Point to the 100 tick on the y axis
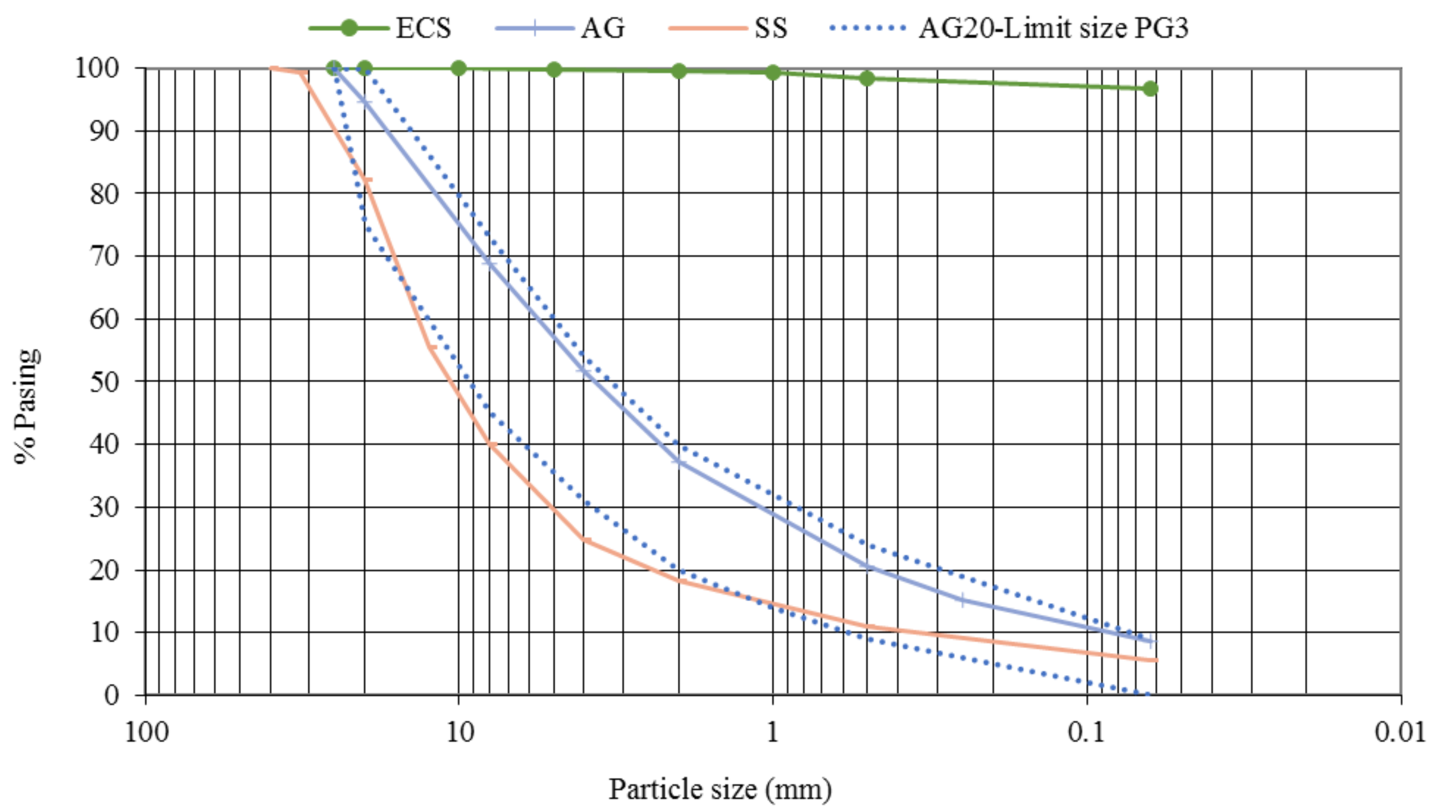click(x=96, y=68)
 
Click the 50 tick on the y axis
click(x=104, y=382)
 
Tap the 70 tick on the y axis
click(x=104, y=257)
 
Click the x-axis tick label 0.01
click(x=1400, y=732)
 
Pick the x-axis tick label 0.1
click(x=1086, y=732)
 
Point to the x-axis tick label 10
click(x=459, y=732)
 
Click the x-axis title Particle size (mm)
click(x=720, y=789)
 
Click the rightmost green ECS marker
click(x=1150, y=88)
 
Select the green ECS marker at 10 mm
click(x=458, y=69)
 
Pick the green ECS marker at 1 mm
click(x=773, y=72)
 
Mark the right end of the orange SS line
click(x=1156, y=660)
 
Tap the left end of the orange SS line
click(x=272, y=68)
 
